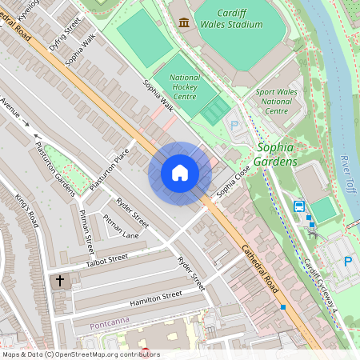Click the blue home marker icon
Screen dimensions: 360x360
coord(180,173)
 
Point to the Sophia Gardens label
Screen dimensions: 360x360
coord(275,155)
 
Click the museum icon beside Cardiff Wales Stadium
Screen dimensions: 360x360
coord(185,22)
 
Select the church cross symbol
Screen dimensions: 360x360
coord(60,281)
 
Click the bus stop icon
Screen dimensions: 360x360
coord(299,206)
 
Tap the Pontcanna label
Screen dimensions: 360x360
coord(109,326)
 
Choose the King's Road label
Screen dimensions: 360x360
coord(26,210)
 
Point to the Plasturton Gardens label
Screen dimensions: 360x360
coord(54,170)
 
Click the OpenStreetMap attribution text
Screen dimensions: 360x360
coord(81,354)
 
